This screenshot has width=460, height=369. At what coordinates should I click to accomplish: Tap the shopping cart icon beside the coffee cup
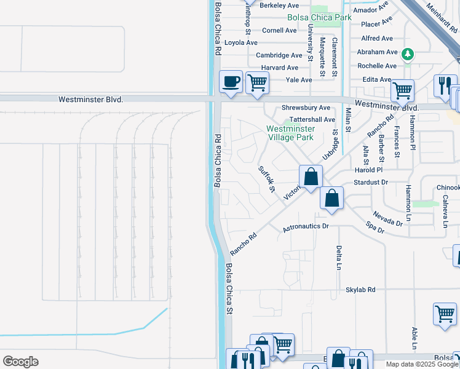(258, 82)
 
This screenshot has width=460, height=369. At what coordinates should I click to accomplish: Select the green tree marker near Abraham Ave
(407, 54)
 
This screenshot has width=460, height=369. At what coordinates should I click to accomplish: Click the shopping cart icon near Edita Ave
(402, 90)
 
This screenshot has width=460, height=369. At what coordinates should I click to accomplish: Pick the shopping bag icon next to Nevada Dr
(331, 199)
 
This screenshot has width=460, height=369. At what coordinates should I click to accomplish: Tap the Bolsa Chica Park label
(319, 17)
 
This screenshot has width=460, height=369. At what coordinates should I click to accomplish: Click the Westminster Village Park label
(290, 133)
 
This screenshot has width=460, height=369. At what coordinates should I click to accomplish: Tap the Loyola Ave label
(241, 42)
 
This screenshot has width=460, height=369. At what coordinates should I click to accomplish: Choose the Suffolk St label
(266, 179)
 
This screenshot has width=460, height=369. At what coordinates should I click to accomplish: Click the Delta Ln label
(339, 258)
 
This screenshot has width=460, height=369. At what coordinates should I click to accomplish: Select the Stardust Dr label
(371, 182)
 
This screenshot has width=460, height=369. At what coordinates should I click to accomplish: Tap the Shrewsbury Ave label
(306, 108)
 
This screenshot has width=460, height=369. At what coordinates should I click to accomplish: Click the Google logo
(20, 362)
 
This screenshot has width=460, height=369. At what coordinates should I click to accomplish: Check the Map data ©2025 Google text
(422, 364)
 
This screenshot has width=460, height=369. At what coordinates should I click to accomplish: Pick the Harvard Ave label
(279, 68)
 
